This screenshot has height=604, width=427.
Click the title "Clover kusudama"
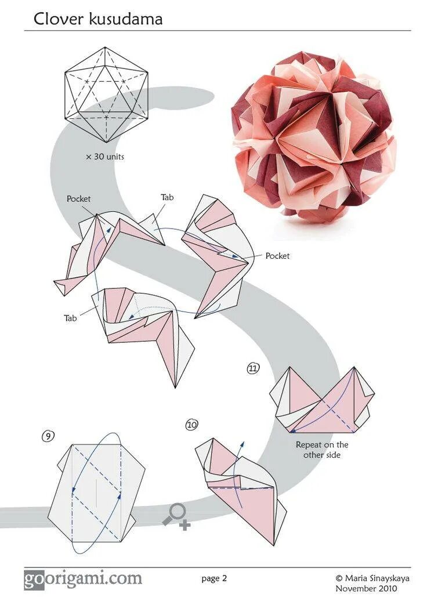click(x=97, y=19)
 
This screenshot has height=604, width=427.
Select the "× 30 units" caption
click(x=105, y=157)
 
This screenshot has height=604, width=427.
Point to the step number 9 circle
click(x=48, y=435)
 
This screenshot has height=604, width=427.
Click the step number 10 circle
click(x=192, y=425)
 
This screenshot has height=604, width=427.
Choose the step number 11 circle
click(x=253, y=368)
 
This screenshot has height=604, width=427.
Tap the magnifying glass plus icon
click(x=176, y=515)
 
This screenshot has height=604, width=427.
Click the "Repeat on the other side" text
click(x=322, y=450)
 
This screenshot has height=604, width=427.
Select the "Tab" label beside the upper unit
click(x=167, y=197)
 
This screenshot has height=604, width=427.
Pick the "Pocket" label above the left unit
click(x=78, y=198)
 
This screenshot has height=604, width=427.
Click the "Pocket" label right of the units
click(x=277, y=255)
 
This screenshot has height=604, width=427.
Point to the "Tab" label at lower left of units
click(x=71, y=318)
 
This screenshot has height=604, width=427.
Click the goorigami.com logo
click(x=83, y=578)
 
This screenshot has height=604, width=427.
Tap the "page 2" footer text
click(x=214, y=578)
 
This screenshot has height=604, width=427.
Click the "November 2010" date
click(x=366, y=588)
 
